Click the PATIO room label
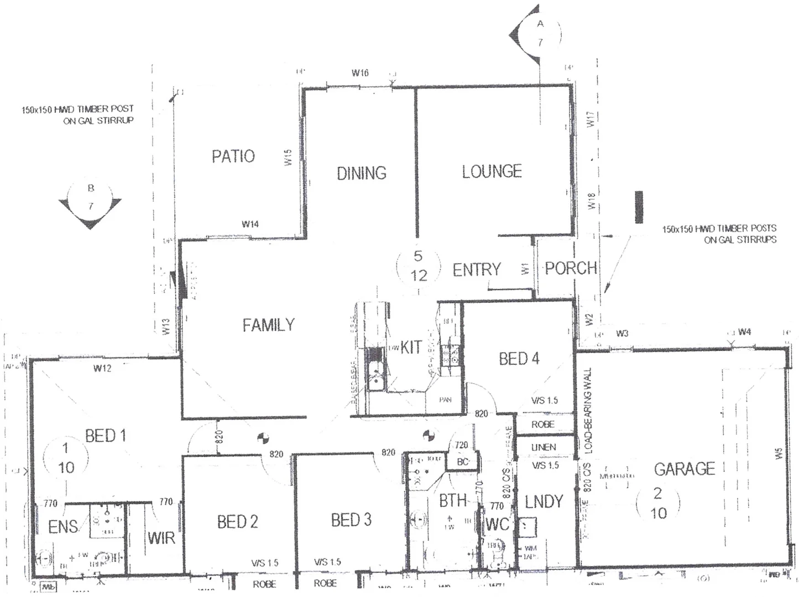(233, 156)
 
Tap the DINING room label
(362, 173)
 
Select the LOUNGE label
(492, 171)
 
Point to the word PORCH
(571, 269)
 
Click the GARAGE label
(685, 469)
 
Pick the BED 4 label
(519, 359)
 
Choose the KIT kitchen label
(411, 347)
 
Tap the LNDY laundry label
(544, 502)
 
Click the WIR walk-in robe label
(161, 538)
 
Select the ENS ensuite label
(63, 527)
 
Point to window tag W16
(360, 73)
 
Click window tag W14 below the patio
(250, 224)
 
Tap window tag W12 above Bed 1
(102, 368)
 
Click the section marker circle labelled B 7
(91, 198)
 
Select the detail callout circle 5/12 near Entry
(419, 266)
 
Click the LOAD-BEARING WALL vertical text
(588, 410)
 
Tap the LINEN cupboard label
(544, 447)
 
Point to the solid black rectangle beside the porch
(639, 207)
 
